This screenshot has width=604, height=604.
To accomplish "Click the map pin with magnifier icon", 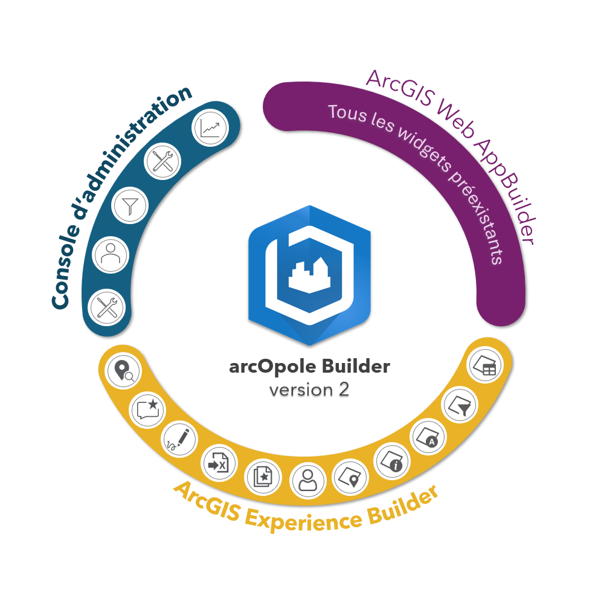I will pos(123,371).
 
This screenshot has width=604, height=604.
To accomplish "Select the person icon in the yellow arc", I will pos(308,481).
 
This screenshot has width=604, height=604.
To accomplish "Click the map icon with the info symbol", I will pos(392,460).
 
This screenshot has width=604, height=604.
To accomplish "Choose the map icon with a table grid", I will pos(486,366).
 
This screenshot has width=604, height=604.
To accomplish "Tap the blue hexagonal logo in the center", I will pos(309,275).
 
